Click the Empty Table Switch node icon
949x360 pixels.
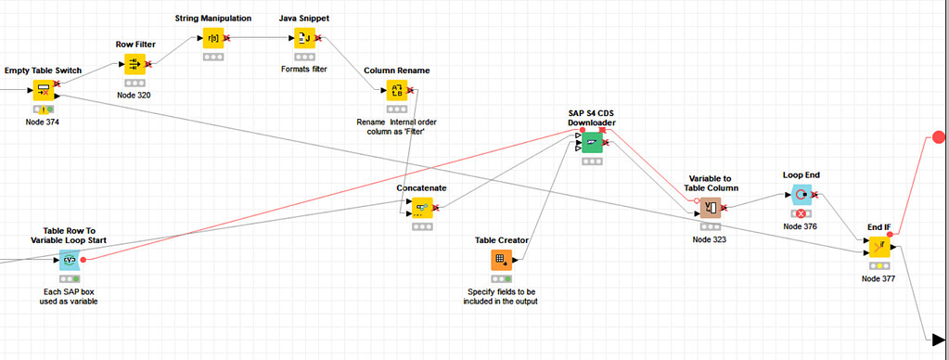pos(44,90)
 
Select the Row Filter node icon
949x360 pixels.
pos(135,63)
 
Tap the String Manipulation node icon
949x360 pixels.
pos(213,38)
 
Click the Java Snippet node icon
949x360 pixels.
pos(305,38)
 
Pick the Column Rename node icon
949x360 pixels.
pos(397,90)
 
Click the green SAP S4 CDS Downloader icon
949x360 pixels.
pos(592,143)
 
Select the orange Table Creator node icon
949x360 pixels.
pos(501,260)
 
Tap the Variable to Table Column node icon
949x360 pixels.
pos(711,206)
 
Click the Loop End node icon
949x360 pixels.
pos(801,195)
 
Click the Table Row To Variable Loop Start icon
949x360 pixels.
pos(70,260)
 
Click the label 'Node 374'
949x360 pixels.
pos(44,122)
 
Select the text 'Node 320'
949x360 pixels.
pos(135,95)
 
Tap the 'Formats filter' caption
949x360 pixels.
pos(304,69)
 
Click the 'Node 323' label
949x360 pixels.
pos(711,238)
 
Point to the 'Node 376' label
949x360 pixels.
pos(801,225)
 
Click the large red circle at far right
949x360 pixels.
pos(939,138)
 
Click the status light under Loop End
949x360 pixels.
pos(801,213)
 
